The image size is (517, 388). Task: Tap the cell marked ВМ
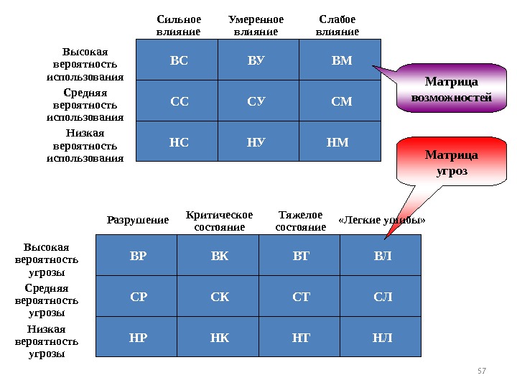click(341, 60)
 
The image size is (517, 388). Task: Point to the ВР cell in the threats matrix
click(137, 256)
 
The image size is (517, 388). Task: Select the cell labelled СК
click(219, 296)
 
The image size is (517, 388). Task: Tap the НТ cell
click(301, 337)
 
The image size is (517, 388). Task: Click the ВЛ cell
click(381, 256)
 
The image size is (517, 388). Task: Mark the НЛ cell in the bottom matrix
click(381, 337)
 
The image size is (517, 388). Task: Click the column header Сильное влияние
click(178, 26)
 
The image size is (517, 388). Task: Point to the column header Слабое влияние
click(337, 26)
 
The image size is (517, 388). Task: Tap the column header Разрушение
click(138, 220)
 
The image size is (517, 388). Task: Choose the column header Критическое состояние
click(219, 221)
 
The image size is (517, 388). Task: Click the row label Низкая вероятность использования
click(85, 145)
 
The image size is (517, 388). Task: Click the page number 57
click(482, 371)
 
